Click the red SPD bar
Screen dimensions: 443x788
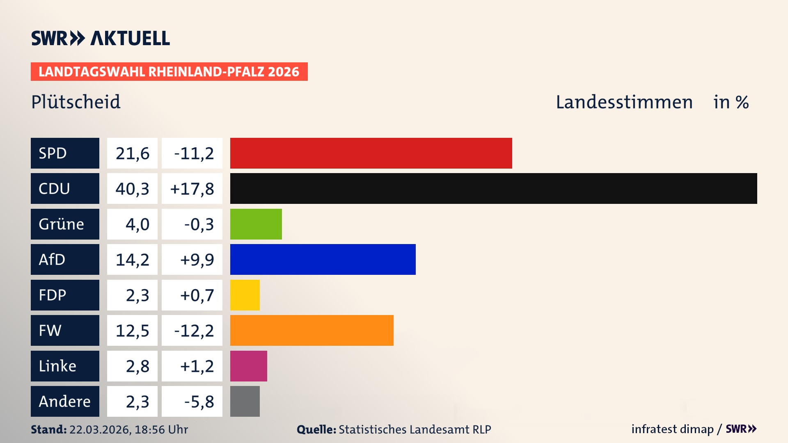pyautogui.click(x=371, y=153)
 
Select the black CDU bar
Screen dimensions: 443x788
pyautogui.click(x=493, y=188)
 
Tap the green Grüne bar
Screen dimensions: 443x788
pyautogui.click(x=256, y=224)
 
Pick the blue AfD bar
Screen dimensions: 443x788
pyautogui.click(x=323, y=259)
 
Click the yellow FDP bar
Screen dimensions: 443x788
pyautogui.click(x=245, y=295)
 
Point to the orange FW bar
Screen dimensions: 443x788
pyautogui.click(x=312, y=330)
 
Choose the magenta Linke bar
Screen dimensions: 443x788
pyautogui.click(x=248, y=366)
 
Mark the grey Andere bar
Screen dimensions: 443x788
pyautogui.click(x=245, y=401)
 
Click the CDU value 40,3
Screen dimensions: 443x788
pyautogui.click(x=132, y=189)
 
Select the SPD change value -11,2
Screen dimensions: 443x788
pyautogui.click(x=194, y=153)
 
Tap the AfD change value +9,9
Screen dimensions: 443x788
pyautogui.click(x=197, y=260)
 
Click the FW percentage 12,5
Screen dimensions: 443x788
pyautogui.click(x=132, y=331)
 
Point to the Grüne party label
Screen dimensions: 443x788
pyautogui.click(x=62, y=224)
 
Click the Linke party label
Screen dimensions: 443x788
pyautogui.click(x=57, y=366)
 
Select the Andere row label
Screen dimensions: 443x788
pyautogui.click(x=64, y=401)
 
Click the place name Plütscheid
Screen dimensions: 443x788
pyautogui.click(x=76, y=102)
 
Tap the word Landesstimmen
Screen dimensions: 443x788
pyautogui.click(x=624, y=102)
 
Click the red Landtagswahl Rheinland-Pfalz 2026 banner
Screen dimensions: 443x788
pyautogui.click(x=169, y=71)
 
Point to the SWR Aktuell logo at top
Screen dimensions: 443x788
pyautogui.click(x=100, y=38)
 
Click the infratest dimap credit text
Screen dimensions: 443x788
pyautogui.click(x=672, y=429)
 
